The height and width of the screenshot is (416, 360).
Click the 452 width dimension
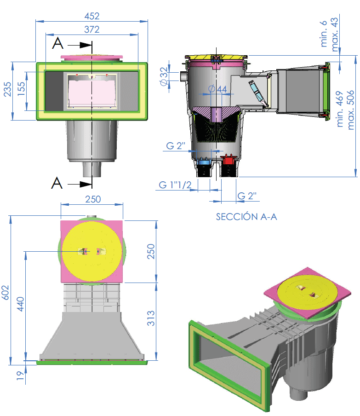91,16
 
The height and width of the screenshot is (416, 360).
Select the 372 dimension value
91,29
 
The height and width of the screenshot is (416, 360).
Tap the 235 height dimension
7,89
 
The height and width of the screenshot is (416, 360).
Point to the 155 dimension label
21,89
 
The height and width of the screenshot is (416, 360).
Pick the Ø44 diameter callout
217,89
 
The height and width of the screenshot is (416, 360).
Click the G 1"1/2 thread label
175,185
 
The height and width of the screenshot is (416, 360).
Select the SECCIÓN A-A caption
246,217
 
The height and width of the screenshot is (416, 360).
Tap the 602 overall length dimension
6,293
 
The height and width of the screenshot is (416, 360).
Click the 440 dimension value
20,304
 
